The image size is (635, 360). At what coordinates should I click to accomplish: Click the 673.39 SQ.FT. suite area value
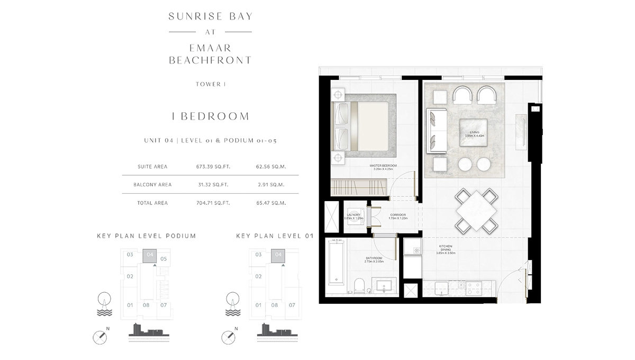coord(208,167)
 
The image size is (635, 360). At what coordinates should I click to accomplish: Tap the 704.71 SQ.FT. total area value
coord(208,203)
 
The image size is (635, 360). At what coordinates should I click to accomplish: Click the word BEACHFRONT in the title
coord(210,60)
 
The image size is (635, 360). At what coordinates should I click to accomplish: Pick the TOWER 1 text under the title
coord(210,84)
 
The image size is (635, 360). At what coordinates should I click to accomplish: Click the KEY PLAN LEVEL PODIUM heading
coord(146,236)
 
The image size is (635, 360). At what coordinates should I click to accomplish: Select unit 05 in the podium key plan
coord(164,259)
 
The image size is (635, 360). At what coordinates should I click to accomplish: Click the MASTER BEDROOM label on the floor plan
coord(383,167)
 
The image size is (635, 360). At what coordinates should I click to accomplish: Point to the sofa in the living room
coord(437,130)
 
